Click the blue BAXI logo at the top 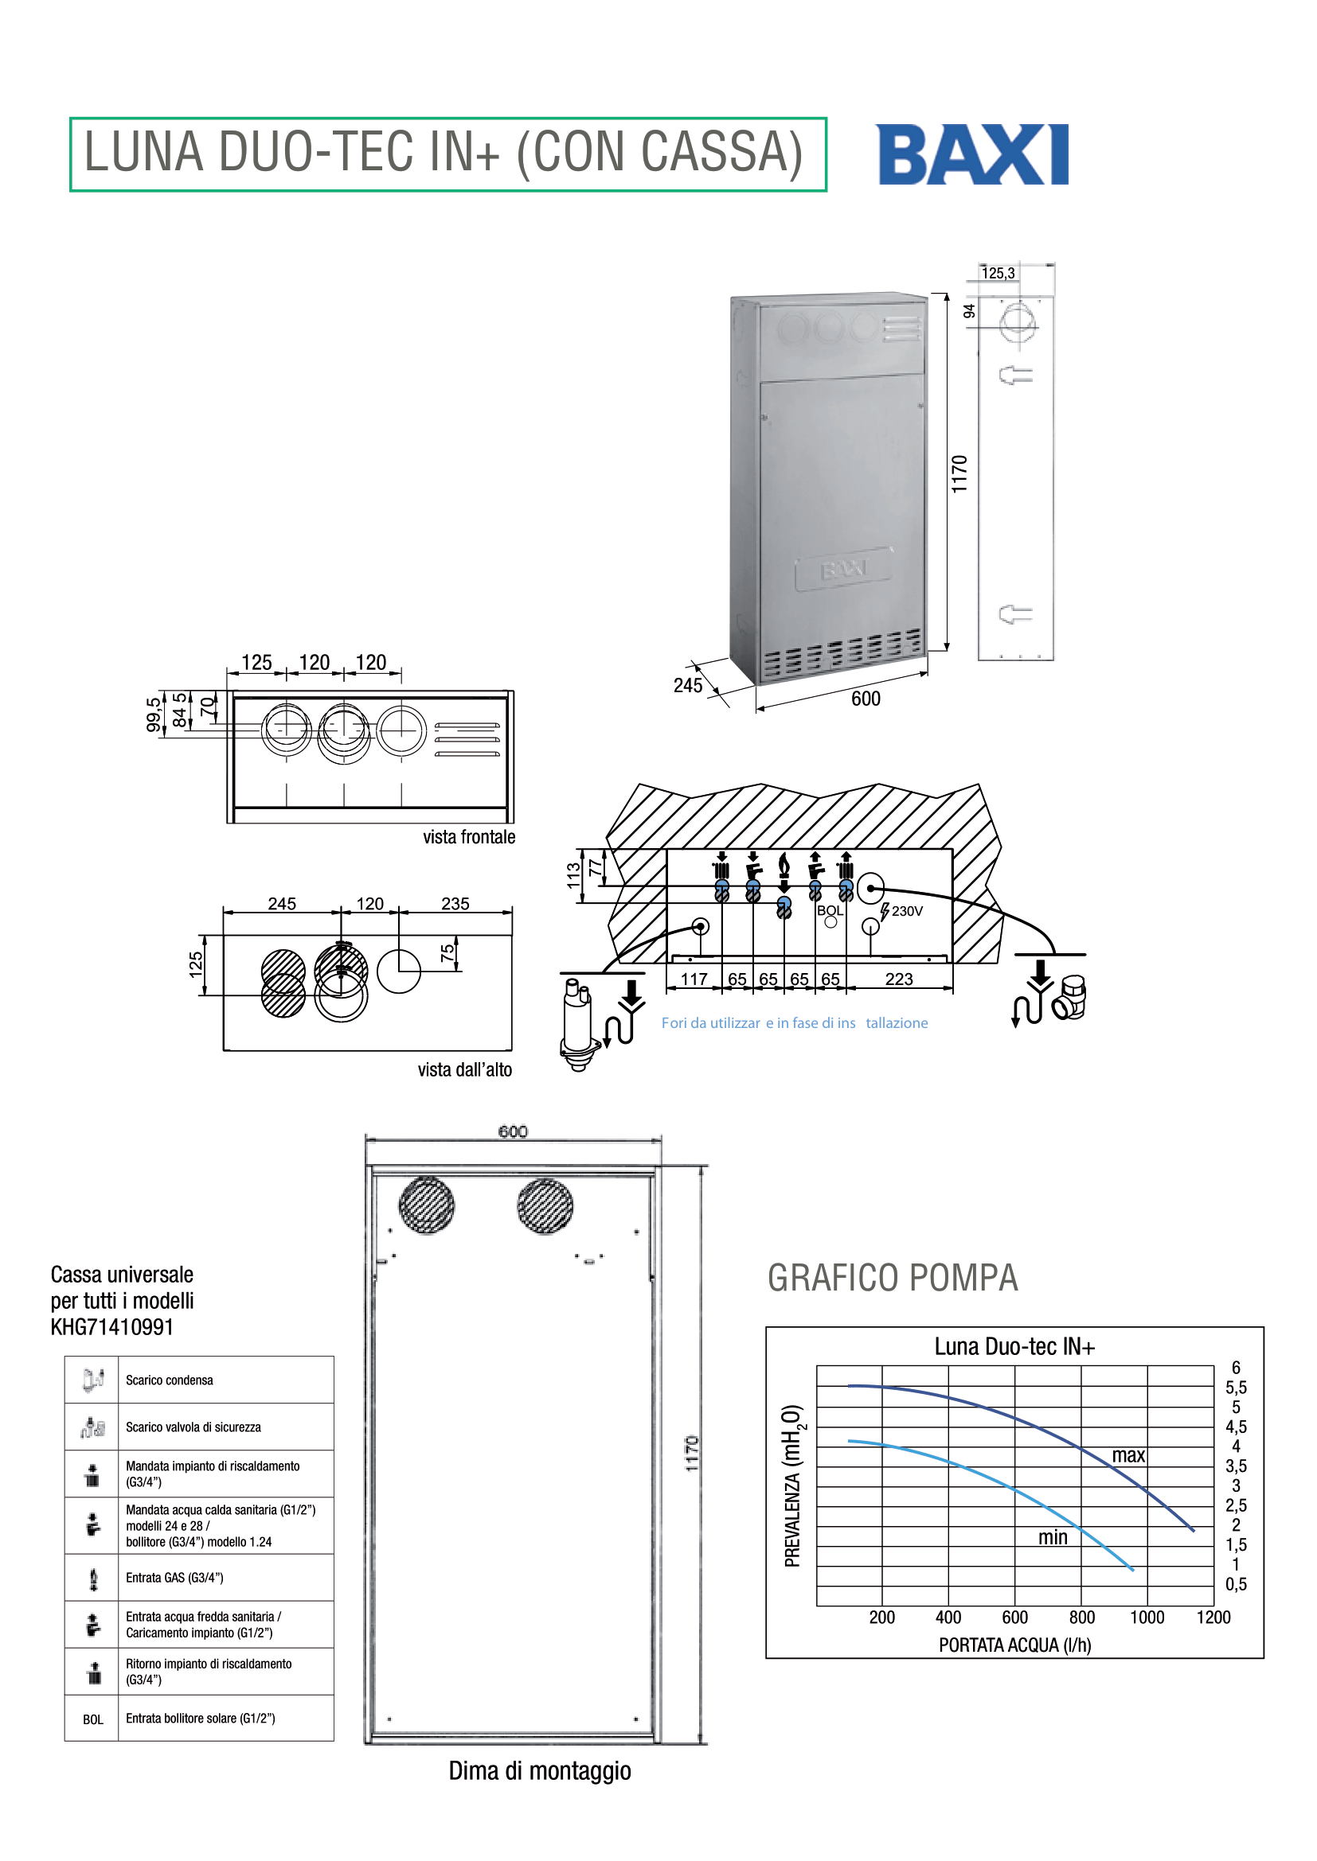[x=972, y=154]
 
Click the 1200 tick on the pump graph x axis [x=1213, y=1617]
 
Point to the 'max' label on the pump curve [x=1128, y=1455]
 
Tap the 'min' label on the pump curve [x=1053, y=1537]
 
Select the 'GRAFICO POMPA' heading [x=893, y=1279]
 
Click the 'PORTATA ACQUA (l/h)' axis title [x=1014, y=1645]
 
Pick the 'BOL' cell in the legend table [x=92, y=1719]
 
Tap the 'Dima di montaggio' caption [x=540, y=1770]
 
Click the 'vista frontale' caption [x=469, y=836]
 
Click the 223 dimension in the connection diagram [x=898, y=979]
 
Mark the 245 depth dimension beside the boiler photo [x=688, y=686]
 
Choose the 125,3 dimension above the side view [x=998, y=273]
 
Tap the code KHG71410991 [x=112, y=1327]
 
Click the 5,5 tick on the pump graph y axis [x=1236, y=1388]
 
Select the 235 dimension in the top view [x=455, y=903]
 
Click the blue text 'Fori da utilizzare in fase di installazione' [x=795, y=1023]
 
